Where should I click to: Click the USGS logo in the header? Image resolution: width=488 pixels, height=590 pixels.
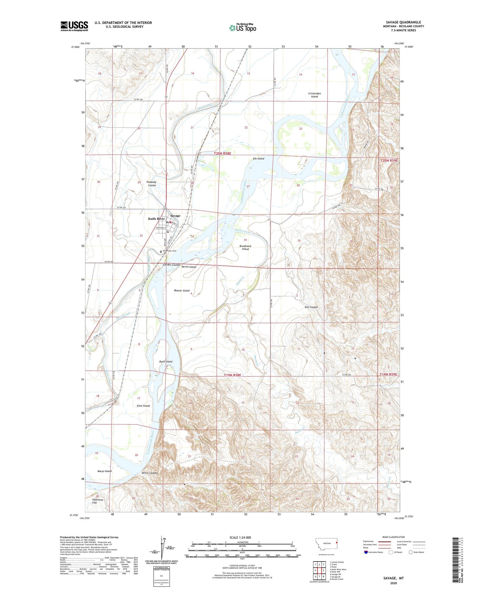point(74,26)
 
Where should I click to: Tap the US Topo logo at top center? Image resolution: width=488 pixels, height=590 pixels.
point(242,28)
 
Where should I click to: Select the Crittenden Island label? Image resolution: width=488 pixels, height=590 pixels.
point(314,95)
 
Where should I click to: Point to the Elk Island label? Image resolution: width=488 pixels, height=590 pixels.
point(258,158)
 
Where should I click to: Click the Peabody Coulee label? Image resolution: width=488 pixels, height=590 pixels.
point(152,183)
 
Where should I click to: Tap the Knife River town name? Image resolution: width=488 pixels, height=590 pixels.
point(156,219)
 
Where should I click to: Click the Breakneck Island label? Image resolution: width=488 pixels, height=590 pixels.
point(245,247)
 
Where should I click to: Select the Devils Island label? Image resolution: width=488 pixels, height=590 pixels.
point(188,267)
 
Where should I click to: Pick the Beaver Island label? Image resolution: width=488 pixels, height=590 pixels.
point(182,291)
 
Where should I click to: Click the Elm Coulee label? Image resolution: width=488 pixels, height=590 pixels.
point(311,307)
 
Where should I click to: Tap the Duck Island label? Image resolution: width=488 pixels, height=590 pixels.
point(165,362)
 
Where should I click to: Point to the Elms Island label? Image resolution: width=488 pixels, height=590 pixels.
point(143,406)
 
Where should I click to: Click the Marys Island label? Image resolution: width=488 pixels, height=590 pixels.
point(104,471)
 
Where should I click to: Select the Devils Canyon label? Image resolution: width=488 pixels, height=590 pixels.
point(150,473)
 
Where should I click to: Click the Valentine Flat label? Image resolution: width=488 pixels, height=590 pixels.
point(98,501)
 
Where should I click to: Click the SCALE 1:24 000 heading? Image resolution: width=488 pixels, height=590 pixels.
point(240,537)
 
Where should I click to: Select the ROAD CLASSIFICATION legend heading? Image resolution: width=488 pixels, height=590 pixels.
point(393,537)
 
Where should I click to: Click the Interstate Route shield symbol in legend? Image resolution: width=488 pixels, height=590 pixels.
point(366,552)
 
